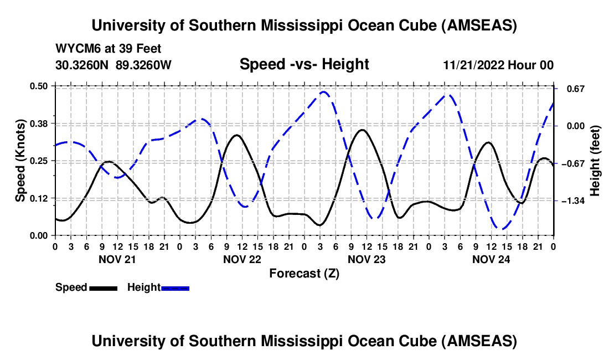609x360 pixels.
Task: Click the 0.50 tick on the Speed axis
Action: click(x=41, y=86)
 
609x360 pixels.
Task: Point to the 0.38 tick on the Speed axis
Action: click(x=41, y=123)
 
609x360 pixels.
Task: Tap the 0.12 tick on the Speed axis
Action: click(x=41, y=198)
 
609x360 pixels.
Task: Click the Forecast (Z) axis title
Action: click(x=304, y=273)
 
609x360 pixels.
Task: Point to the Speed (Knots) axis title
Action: click(x=20, y=160)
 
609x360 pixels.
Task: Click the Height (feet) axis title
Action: click(x=595, y=160)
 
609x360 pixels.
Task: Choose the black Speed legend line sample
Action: click(x=103, y=287)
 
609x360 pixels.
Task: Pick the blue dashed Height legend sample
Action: click(x=176, y=287)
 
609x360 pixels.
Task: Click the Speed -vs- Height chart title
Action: click(x=304, y=65)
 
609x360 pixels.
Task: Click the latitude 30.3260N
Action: click(x=83, y=65)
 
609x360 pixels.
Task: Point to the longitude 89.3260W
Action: click(x=144, y=65)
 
